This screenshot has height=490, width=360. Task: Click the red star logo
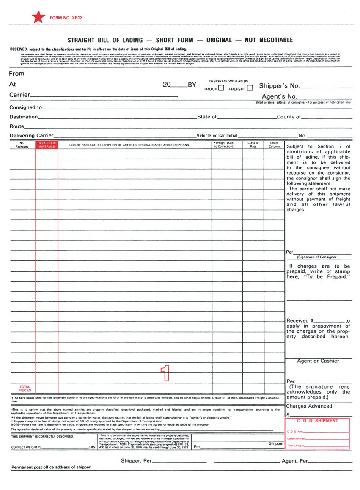pyautogui.click(x=38, y=17)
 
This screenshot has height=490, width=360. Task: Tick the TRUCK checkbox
pyautogui.click(x=221, y=88)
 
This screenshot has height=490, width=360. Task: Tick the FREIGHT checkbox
pyautogui.click(x=250, y=88)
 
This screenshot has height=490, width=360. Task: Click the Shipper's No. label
pyautogui.click(x=279, y=86)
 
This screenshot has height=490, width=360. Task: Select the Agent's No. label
pyautogui.click(x=279, y=96)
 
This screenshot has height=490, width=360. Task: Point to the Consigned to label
pyautogui.click(x=25, y=107)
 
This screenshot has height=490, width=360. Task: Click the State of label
pyautogui.click(x=207, y=117)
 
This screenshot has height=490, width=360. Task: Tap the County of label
pyautogui.click(x=289, y=117)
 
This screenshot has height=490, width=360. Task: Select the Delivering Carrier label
pyautogui.click(x=32, y=135)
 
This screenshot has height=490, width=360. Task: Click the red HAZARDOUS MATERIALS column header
pyautogui.click(x=47, y=145)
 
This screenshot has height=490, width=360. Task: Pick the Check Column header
pyautogui.click(x=274, y=145)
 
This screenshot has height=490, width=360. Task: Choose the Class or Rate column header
pyautogui.click(x=253, y=145)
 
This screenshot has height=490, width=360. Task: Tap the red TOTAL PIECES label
pyautogui.click(x=25, y=389)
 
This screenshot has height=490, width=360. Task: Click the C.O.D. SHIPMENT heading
pyautogui.click(x=317, y=421)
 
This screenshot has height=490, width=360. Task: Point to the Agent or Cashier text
pyautogui.click(x=318, y=361)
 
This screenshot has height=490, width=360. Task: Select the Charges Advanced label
pyautogui.click(x=310, y=406)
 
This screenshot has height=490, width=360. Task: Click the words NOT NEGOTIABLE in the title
pyautogui.click(x=269, y=40)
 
